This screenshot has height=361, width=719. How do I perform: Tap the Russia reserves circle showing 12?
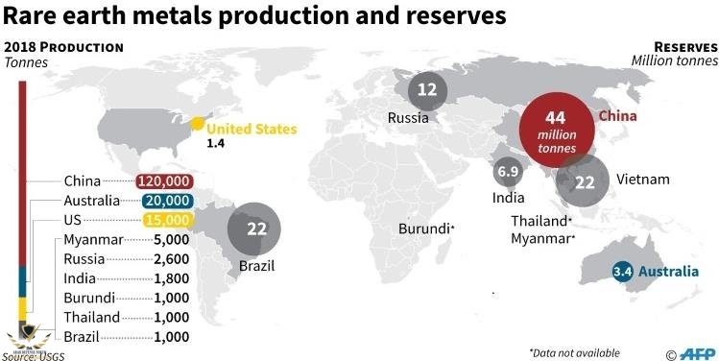[x=427, y=90]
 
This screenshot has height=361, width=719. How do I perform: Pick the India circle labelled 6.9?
[x=507, y=174]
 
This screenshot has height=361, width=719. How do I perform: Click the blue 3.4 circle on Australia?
[x=623, y=271]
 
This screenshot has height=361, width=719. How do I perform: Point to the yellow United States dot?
[x=197, y=124]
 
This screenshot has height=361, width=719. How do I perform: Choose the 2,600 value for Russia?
[x=171, y=259]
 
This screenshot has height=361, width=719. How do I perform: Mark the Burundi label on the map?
[x=425, y=229]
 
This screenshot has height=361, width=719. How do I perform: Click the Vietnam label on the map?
[x=642, y=180]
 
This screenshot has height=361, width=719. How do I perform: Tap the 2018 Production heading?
[x=63, y=47]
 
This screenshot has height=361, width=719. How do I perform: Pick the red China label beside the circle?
[x=619, y=115]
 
